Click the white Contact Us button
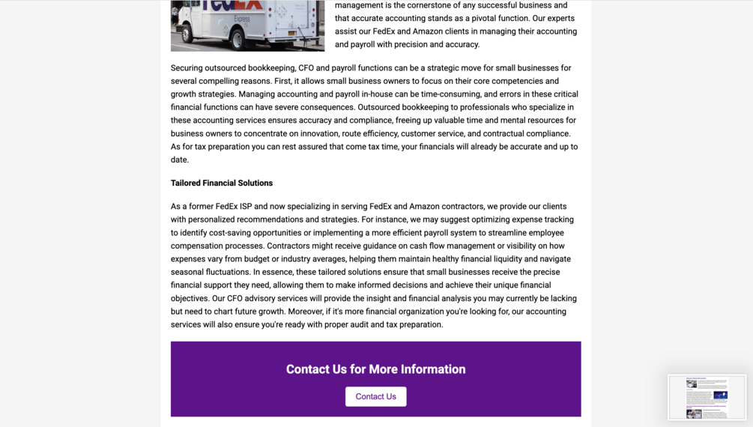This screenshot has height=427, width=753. pyautogui.click(x=375, y=396)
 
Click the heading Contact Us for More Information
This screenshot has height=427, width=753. pyautogui.click(x=375, y=369)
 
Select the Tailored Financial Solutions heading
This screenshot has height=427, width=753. pyautogui.click(x=222, y=183)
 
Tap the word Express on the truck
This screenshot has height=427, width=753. pyautogui.click(x=242, y=19)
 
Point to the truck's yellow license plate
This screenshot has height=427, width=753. pyautogui.click(x=287, y=34)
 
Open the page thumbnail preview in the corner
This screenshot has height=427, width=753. pyautogui.click(x=707, y=398)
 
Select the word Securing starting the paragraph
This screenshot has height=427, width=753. pyautogui.click(x=187, y=68)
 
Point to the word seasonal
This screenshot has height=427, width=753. pyautogui.click(x=190, y=272)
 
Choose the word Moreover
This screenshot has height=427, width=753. pyautogui.click(x=304, y=312)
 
